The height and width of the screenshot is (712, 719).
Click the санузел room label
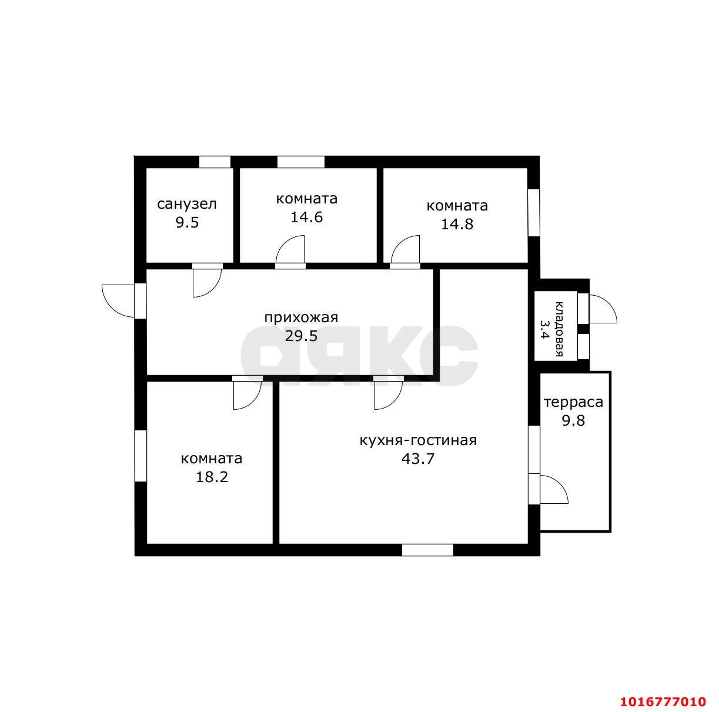point(187,205)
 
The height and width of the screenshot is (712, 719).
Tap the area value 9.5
point(187,223)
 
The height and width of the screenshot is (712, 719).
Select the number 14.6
point(306,217)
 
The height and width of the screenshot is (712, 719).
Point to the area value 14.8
point(457,224)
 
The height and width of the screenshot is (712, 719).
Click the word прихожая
point(301,318)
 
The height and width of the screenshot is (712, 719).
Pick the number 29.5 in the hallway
point(301,336)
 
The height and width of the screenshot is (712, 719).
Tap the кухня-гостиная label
point(418,440)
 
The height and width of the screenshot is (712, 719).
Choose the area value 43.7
point(418,459)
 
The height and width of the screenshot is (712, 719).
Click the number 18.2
point(212,477)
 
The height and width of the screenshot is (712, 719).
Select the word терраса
point(573,403)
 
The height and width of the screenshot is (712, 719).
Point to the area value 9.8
point(573,421)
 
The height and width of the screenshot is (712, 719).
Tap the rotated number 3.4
point(545,329)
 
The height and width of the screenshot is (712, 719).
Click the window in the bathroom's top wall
point(215,162)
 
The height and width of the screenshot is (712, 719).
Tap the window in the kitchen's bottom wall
point(427,550)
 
